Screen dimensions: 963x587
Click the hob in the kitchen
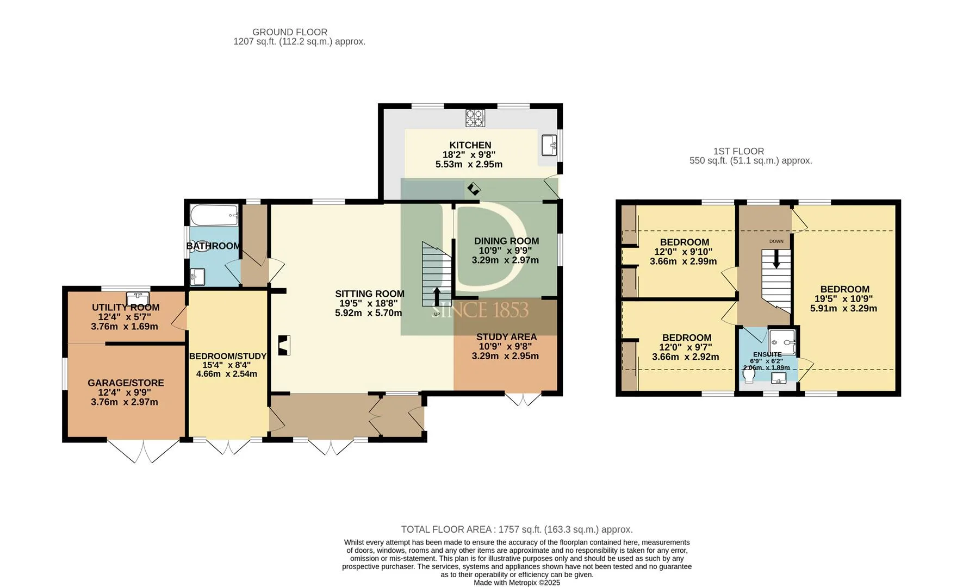475,118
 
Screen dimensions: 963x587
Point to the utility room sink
138,298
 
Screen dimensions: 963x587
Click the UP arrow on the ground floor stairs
437,296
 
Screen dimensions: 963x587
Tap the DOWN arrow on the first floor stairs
776,258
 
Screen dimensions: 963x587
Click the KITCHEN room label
470,145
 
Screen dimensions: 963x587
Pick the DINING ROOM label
507,241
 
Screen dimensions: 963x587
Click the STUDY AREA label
507,337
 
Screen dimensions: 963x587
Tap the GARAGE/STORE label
126,383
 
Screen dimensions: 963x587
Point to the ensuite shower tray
782,341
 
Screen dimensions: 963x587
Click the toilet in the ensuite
751,375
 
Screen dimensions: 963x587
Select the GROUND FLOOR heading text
290,32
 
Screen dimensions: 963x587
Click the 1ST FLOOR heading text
739,151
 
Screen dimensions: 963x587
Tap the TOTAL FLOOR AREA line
517,529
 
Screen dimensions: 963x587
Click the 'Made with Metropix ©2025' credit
517,583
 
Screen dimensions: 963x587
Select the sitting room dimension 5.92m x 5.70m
370,313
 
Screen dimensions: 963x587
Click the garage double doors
143,451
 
